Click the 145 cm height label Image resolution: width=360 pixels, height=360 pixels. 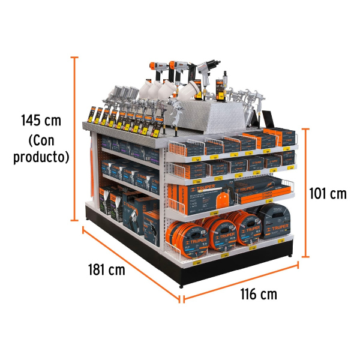coord(41,120)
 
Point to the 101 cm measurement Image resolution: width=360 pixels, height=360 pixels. coord(328,193)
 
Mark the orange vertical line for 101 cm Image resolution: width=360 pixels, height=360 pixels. coord(305,192)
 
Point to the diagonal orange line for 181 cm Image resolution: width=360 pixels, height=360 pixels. coord(131,265)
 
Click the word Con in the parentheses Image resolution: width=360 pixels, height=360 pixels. coord(41,141)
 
